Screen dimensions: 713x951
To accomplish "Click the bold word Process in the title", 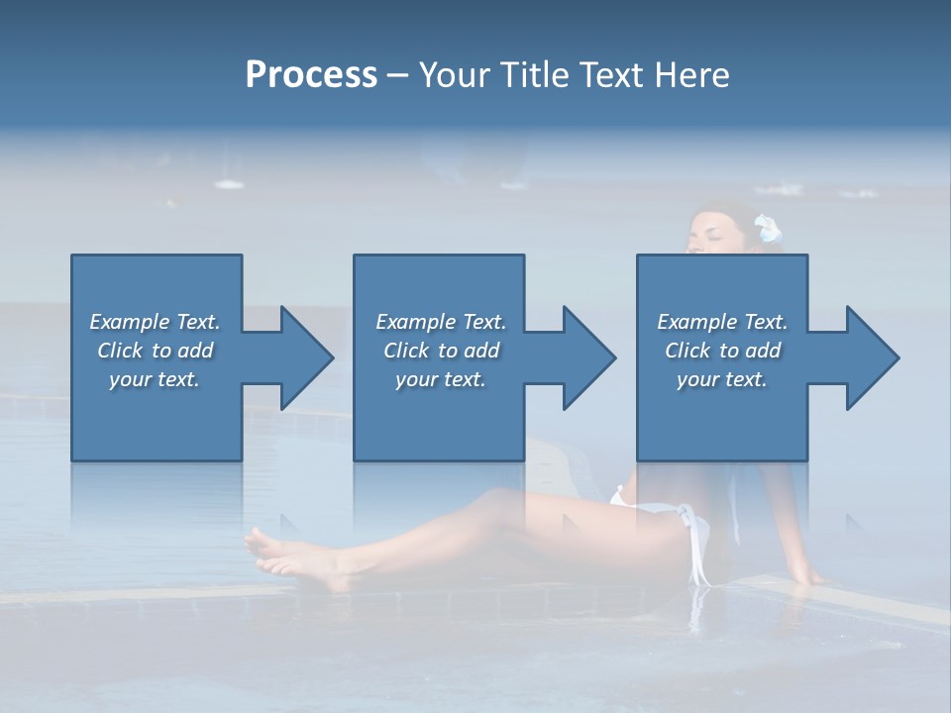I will click(x=311, y=75).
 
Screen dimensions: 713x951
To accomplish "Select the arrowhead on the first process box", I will click(x=303, y=357).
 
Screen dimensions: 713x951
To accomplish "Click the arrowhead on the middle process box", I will click(x=586, y=357).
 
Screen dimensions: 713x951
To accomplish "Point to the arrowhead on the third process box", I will click(x=870, y=357).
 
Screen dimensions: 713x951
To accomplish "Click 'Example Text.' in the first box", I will click(x=156, y=322).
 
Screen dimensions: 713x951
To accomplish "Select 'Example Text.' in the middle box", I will click(x=441, y=322).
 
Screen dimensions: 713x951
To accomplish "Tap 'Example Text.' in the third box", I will click(x=722, y=322).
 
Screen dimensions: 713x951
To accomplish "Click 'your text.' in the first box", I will click(x=156, y=379).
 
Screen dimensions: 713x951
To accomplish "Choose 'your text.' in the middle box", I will click(x=441, y=379).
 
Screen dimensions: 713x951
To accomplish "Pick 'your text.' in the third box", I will click(x=722, y=379).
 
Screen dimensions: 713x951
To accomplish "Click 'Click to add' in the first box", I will click(x=156, y=351).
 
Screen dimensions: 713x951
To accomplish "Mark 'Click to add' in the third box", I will click(x=722, y=351).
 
